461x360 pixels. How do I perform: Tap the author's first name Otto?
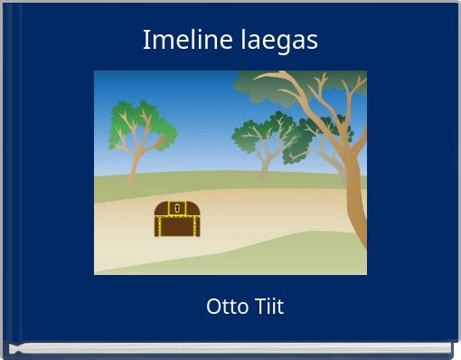click(224, 307)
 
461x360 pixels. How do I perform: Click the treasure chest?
click(176, 219)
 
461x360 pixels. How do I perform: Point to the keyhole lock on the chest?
click(177, 209)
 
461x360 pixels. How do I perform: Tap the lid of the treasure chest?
click(176, 209)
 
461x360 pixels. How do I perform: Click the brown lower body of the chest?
click(176, 226)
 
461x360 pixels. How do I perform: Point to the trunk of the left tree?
click(133, 167)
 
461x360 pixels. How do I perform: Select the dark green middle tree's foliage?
click(266, 136)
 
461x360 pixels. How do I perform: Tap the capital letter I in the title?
click(146, 41)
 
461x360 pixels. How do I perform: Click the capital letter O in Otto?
click(213, 307)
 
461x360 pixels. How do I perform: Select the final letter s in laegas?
click(312, 43)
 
